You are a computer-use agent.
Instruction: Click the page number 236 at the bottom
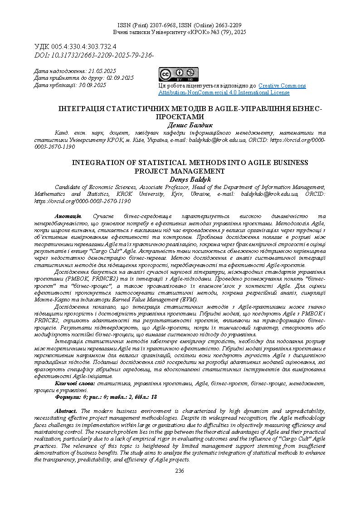coord(180,471)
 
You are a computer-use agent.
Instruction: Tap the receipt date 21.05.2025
coord(102,71)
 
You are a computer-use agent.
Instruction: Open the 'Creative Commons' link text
coord(282,86)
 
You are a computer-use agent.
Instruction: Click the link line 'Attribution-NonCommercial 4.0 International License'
coord(224,92)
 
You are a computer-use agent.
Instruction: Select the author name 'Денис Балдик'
coord(180,125)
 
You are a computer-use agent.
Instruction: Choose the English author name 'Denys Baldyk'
coord(180,180)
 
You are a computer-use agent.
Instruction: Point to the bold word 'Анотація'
coord(68,217)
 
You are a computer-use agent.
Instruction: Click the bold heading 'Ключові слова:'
coord(72,383)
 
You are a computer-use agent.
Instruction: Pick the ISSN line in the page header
coord(180,26)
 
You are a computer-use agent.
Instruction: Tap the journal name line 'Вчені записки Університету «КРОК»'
coord(180,33)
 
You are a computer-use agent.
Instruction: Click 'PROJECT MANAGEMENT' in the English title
coord(180,171)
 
